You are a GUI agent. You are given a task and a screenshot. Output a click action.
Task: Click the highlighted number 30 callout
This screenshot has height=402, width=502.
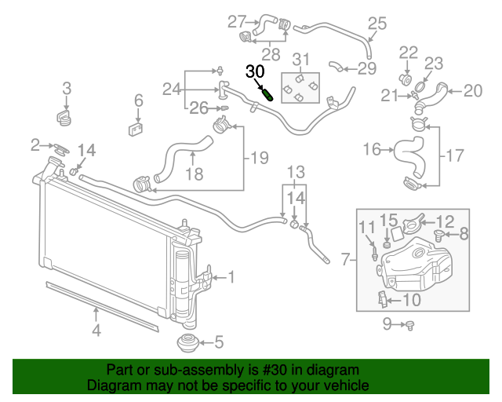pyautogui.click(x=256, y=71)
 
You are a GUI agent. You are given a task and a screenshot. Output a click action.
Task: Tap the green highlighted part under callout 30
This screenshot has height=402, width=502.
pyautogui.click(x=267, y=95)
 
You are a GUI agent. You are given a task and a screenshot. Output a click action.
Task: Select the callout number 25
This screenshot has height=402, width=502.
pyautogui.click(x=377, y=24)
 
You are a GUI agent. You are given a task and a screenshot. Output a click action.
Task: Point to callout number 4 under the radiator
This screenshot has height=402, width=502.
pyautogui.click(x=96, y=331)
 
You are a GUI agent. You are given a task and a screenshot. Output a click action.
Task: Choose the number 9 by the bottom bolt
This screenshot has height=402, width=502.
pyautogui.click(x=387, y=323)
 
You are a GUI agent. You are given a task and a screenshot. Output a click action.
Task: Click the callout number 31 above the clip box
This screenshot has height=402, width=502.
pyautogui.click(x=301, y=59)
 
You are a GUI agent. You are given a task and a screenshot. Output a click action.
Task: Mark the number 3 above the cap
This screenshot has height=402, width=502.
pyautogui.click(x=67, y=88)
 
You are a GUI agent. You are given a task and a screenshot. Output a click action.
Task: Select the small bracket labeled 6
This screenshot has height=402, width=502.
pyautogui.click(x=137, y=127)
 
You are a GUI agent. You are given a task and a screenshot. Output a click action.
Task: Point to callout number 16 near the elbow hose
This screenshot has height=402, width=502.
pyautogui.click(x=371, y=148)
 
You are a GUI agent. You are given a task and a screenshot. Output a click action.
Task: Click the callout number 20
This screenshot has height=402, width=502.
pyautogui.click(x=473, y=91)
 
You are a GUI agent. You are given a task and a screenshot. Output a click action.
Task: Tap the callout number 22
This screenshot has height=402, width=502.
pyautogui.click(x=409, y=53)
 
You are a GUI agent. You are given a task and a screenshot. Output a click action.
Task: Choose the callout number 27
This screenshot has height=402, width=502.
pyautogui.click(x=238, y=21)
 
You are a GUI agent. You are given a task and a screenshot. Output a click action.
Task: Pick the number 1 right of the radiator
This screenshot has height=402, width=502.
pyautogui.click(x=231, y=276)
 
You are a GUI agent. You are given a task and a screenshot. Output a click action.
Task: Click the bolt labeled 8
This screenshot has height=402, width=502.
pyautogui.click(x=439, y=233)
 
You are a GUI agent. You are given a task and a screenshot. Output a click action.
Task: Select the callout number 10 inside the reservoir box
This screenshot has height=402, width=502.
pyautogui.click(x=411, y=299)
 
